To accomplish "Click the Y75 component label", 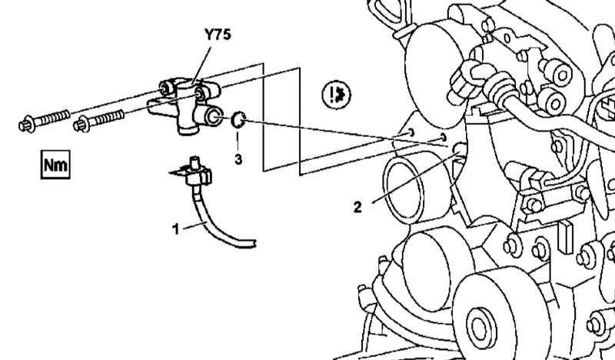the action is [218, 35].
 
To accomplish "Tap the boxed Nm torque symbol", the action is [55, 165].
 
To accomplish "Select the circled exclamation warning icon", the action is [337, 95].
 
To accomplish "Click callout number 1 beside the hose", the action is [176, 229].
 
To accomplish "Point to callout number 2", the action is [357, 207].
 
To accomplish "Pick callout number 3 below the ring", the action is [238, 159].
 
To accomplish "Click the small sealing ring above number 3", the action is [238, 120].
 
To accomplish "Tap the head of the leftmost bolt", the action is [27, 125].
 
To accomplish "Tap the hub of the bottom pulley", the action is [481, 327].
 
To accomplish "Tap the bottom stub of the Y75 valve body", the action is [188, 128].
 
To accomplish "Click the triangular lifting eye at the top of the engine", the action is [391, 12].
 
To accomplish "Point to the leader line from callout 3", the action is [238, 142].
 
